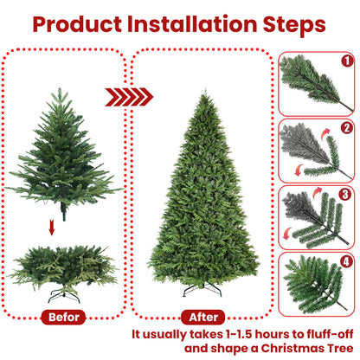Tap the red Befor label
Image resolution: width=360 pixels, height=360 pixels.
pos(65,317)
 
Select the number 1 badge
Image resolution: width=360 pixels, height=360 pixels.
pos(345,62)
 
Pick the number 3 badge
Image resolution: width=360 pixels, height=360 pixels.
pos(345,195)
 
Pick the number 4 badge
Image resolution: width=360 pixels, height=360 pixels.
pos(345,262)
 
